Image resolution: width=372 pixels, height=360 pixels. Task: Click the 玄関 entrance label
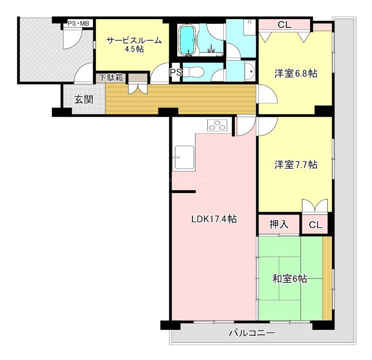tap(84, 99)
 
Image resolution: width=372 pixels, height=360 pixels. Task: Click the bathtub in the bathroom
tap(188, 39)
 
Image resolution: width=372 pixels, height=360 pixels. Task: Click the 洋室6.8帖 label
tap(295, 73)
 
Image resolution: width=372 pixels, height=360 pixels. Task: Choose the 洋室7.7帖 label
tap(295, 165)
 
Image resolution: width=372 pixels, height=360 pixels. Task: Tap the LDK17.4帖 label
tap(214, 219)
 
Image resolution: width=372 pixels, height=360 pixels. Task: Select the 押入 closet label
tap(279, 225)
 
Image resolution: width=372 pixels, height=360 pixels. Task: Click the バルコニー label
tap(252, 333)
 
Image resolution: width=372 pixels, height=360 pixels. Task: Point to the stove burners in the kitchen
tap(217, 126)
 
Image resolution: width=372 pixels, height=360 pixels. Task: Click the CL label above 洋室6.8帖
tap(285, 25)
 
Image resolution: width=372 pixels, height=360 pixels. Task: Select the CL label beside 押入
tap(315, 225)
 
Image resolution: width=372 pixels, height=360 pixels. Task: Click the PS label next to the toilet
tap(175, 73)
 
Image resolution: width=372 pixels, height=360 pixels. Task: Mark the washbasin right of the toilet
tap(249, 71)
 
